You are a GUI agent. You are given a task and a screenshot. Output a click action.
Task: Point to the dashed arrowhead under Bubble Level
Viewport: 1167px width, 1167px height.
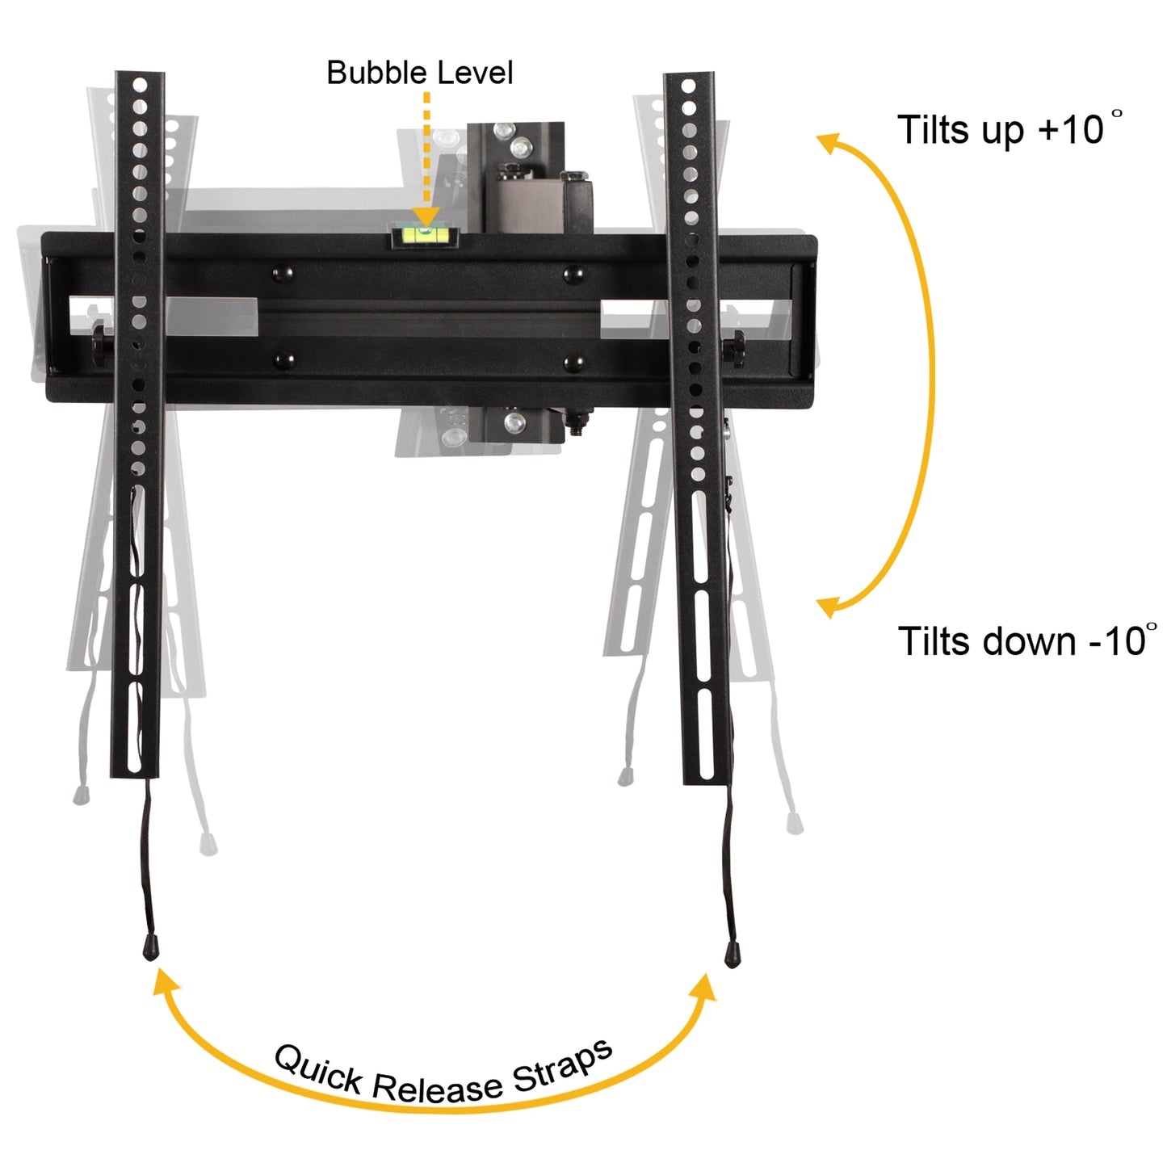[x=426, y=216]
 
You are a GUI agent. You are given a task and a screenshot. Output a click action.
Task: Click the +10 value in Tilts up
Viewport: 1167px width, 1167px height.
[x=1071, y=130]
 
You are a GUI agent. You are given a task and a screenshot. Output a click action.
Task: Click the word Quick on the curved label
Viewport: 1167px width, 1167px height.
[x=318, y=1069]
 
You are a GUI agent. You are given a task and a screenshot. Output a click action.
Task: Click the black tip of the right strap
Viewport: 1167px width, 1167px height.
[x=733, y=955]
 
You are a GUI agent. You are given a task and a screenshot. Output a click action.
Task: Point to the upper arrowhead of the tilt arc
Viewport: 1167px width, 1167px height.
[x=829, y=144]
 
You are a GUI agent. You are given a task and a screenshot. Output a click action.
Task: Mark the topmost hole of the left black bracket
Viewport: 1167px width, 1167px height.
[x=141, y=84]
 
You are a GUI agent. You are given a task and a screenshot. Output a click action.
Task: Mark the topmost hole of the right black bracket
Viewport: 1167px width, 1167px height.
[x=688, y=86]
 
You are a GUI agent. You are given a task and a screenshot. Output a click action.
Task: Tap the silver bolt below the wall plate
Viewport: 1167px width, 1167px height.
[x=514, y=422]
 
